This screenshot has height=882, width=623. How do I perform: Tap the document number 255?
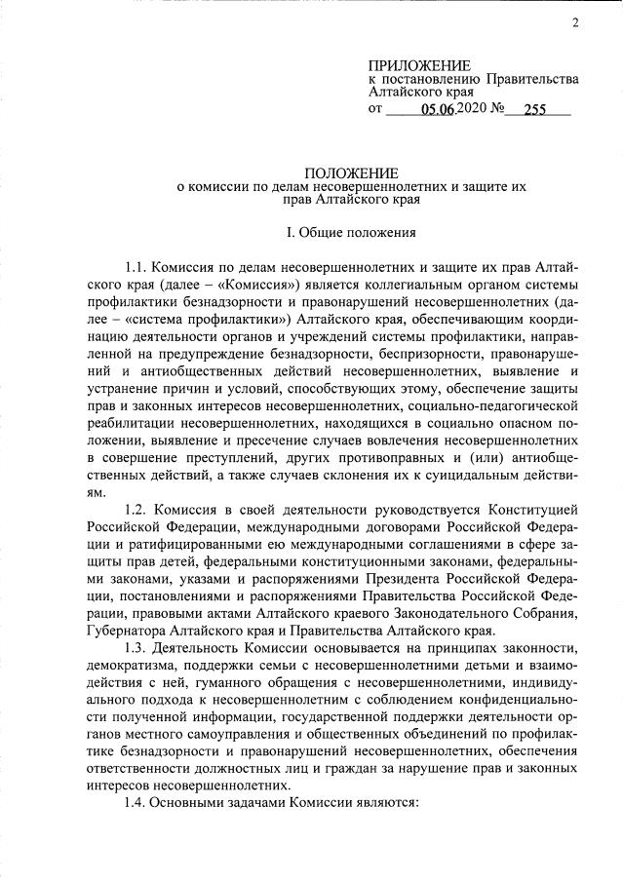pyautogui.click(x=534, y=110)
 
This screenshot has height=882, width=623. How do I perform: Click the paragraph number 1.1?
pyautogui.click(x=140, y=266)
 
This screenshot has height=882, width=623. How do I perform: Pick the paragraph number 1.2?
pyautogui.click(x=140, y=510)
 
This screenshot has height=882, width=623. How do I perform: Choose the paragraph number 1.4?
pyautogui.click(x=140, y=807)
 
